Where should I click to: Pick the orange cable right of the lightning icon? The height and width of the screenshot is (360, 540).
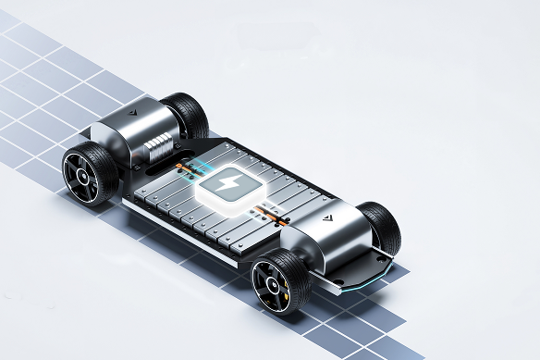(x=269, y=217)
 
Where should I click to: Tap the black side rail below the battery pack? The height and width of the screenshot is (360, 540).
(x=185, y=231)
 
